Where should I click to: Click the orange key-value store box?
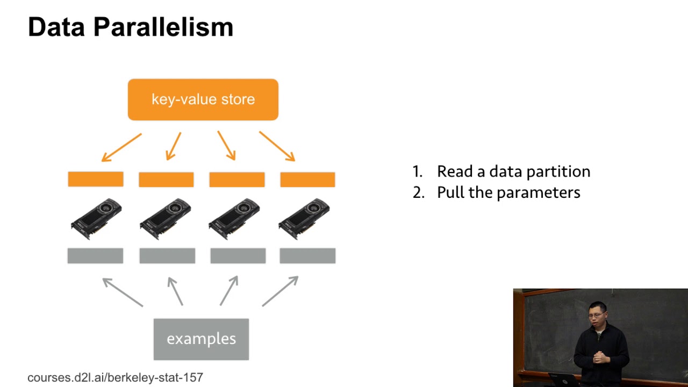(x=203, y=99)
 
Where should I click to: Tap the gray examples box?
(x=201, y=339)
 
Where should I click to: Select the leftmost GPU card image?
(x=96, y=218)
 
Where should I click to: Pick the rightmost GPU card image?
(x=304, y=218)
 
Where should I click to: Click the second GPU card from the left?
(x=165, y=218)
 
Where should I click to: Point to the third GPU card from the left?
(x=234, y=218)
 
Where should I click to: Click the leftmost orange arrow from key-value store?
(x=121, y=147)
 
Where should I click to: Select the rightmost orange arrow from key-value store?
(x=277, y=146)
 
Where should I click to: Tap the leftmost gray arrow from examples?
(x=123, y=292)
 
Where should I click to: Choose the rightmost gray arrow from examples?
(x=280, y=291)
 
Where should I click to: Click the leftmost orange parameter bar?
(x=96, y=179)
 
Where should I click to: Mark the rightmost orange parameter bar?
(x=307, y=179)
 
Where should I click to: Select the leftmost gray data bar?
(x=95, y=256)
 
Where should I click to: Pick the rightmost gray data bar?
(x=307, y=256)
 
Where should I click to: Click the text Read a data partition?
(x=513, y=171)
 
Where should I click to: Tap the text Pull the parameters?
(x=508, y=192)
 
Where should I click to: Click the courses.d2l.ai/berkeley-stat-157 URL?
(x=115, y=377)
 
